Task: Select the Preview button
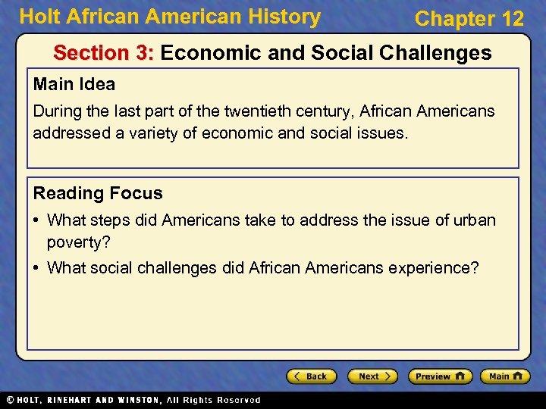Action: (439, 376)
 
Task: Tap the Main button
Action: (504, 376)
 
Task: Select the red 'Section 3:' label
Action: (104, 53)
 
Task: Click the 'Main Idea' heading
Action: (74, 83)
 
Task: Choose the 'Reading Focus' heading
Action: (97, 193)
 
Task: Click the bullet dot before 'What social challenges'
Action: (37, 267)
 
